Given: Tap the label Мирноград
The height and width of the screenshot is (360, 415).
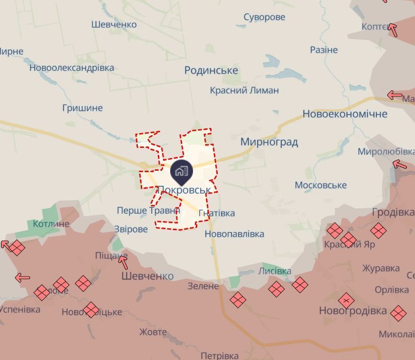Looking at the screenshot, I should tap(269, 142).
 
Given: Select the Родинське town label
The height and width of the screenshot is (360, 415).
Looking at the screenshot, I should tap(211, 70).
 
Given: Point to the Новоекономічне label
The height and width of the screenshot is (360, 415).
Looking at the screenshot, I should tap(345, 114).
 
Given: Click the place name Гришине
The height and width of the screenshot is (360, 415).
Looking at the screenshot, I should tap(82, 108).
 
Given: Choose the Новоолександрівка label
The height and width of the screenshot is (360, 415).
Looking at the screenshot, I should tap(71, 68).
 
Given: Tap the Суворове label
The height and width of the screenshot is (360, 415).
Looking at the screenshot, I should tap(264, 17).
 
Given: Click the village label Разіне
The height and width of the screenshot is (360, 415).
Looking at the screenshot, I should tap(324, 49).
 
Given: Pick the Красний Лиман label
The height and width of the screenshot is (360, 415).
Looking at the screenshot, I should tap(244, 90).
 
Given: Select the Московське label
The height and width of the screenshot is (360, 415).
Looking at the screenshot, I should tap(320, 185).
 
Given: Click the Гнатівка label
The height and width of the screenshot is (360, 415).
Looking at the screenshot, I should tap(217, 213).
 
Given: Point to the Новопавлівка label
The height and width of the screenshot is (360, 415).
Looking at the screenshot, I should tap(234, 234).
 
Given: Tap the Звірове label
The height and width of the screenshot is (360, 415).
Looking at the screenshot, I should tap(131, 229).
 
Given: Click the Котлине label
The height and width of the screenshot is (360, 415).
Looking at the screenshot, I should tap(51, 224).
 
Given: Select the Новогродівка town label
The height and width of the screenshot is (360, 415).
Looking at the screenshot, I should tap(353, 311).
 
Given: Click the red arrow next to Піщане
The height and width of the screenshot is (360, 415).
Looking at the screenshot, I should tap(123, 262).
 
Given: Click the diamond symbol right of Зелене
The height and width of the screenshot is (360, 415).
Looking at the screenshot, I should tap(238, 300).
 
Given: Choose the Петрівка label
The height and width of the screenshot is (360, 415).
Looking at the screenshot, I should tap(219, 356).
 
